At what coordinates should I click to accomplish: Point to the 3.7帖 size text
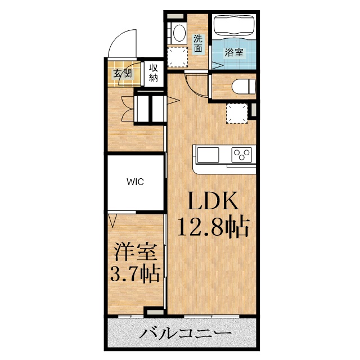[x=134, y=275]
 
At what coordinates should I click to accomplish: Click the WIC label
[x=135, y=182]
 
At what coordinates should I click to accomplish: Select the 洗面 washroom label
[x=198, y=44]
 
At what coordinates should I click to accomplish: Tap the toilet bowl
[x=242, y=87]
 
